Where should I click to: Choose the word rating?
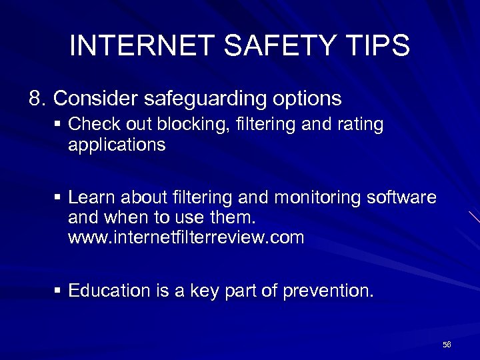360,125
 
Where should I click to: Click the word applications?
117,145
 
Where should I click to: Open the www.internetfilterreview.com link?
186,238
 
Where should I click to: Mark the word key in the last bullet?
221,291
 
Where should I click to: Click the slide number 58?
447,345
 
